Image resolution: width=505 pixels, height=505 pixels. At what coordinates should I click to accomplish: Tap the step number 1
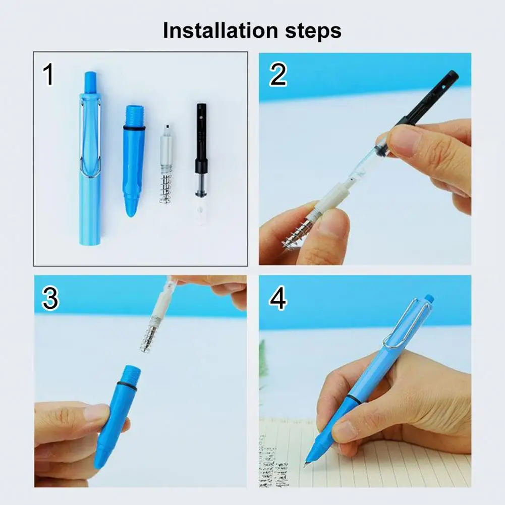click(x=48, y=75)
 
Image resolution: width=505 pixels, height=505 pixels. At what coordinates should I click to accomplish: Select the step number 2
click(x=278, y=75)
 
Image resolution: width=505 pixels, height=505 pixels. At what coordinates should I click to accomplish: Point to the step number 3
click(x=50, y=299)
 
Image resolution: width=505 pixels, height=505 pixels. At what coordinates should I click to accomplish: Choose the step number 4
click(x=278, y=299)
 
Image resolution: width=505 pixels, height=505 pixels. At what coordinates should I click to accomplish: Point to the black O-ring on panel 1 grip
click(x=134, y=128)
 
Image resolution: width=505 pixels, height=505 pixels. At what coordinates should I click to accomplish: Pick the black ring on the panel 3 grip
click(x=127, y=386)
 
